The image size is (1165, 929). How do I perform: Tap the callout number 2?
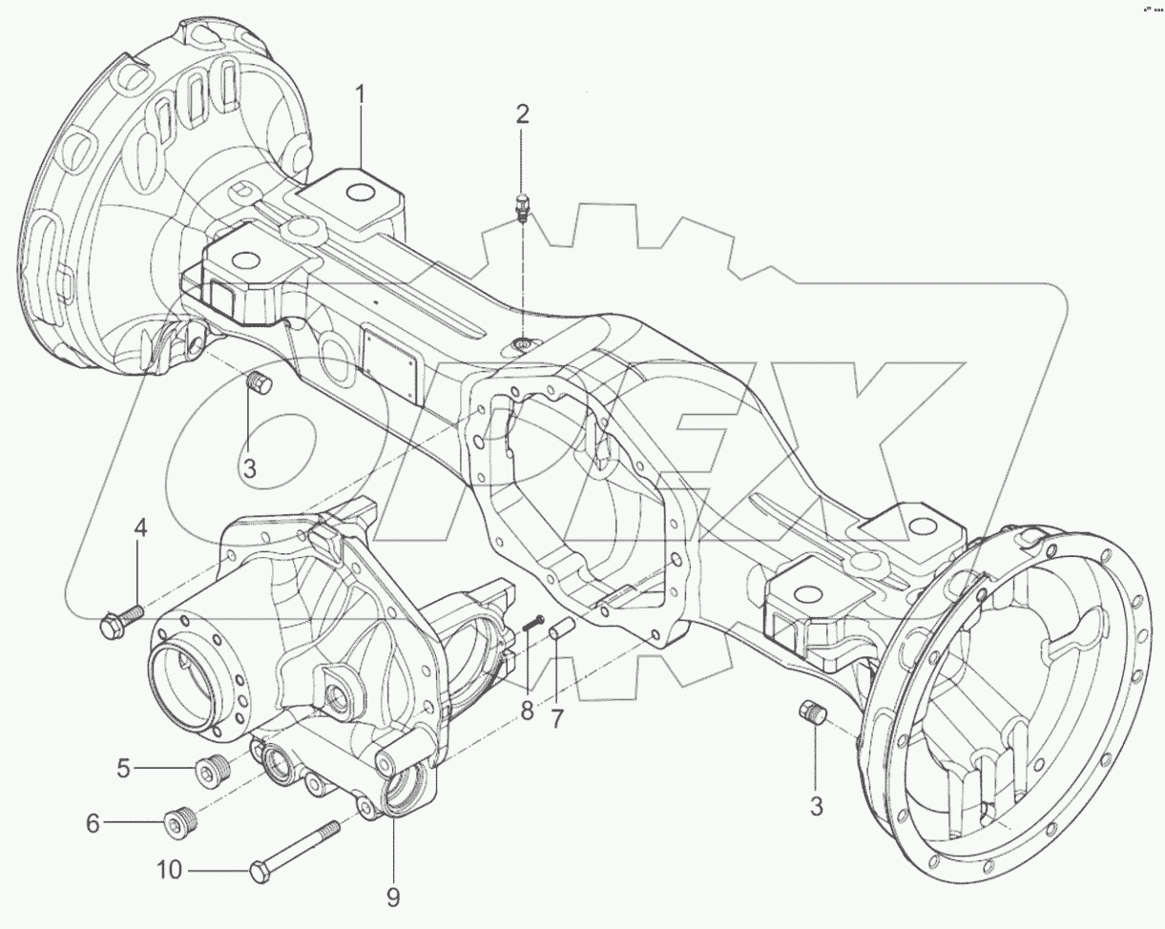pos(522,114)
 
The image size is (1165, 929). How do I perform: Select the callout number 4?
pos(140,526)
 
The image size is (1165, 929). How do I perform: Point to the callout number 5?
pos(123,767)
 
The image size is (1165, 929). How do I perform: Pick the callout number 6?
pos(93,822)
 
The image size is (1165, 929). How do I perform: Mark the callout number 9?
pos(393,897)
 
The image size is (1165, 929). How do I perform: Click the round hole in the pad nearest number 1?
pos(359,194)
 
